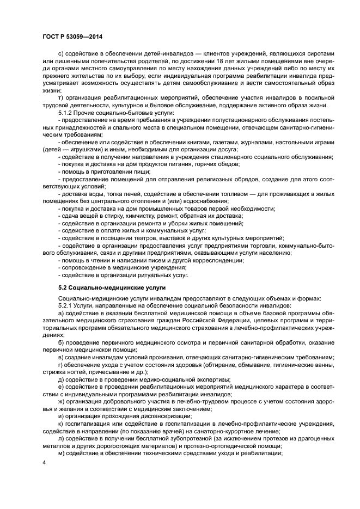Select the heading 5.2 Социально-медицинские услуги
click(x=112, y=286)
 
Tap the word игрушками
click(x=80, y=148)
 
